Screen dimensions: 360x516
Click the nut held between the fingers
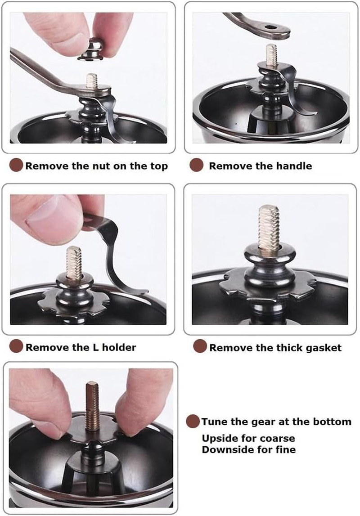(x=91, y=49)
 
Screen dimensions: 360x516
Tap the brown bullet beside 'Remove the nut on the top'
(x=16, y=165)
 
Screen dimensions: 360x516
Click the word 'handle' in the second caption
(x=294, y=166)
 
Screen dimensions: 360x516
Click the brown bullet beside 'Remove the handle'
(x=197, y=165)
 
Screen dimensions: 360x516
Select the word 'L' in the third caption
(x=95, y=347)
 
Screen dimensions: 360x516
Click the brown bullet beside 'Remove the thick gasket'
(x=200, y=346)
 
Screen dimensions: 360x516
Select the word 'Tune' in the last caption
(x=214, y=422)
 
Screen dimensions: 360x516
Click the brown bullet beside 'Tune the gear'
(x=193, y=422)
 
